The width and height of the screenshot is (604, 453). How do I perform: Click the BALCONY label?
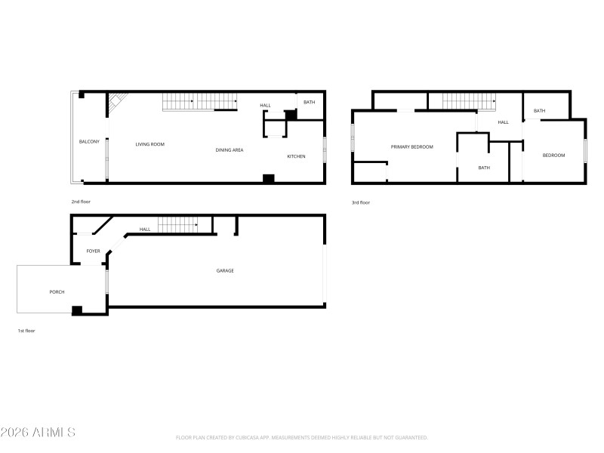pyautogui.click(x=89, y=142)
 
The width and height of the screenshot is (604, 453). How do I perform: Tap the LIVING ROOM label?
pyautogui.click(x=149, y=144)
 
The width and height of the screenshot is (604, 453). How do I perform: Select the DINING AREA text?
pyautogui.click(x=229, y=150)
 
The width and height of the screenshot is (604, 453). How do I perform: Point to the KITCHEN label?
pyautogui.click(x=295, y=156)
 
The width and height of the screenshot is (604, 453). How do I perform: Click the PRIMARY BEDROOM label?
pyautogui.click(x=411, y=146)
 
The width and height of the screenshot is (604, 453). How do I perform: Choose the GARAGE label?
pyautogui.click(x=225, y=270)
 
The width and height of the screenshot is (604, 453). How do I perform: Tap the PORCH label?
pyautogui.click(x=57, y=291)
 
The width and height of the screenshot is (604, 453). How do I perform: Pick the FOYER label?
pyautogui.click(x=93, y=251)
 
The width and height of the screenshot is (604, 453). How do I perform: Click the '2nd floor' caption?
pyautogui.click(x=81, y=202)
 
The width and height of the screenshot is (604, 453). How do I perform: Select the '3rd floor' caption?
pyautogui.click(x=360, y=202)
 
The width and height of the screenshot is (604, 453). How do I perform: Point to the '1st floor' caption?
pyautogui.click(x=26, y=331)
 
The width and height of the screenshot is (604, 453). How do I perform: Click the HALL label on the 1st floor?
pyautogui.click(x=144, y=230)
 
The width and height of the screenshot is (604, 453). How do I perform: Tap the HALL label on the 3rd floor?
pyautogui.click(x=503, y=122)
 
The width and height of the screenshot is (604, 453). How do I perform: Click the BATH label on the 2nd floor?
pyautogui.click(x=310, y=103)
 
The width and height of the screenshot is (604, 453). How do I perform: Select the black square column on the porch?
pyautogui.click(x=77, y=310)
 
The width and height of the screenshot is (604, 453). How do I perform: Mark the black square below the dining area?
pyautogui.click(x=267, y=178)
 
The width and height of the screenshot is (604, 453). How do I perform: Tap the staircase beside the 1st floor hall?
pyautogui.click(x=182, y=224)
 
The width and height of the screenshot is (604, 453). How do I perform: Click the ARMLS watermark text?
pyautogui.click(x=38, y=433)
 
